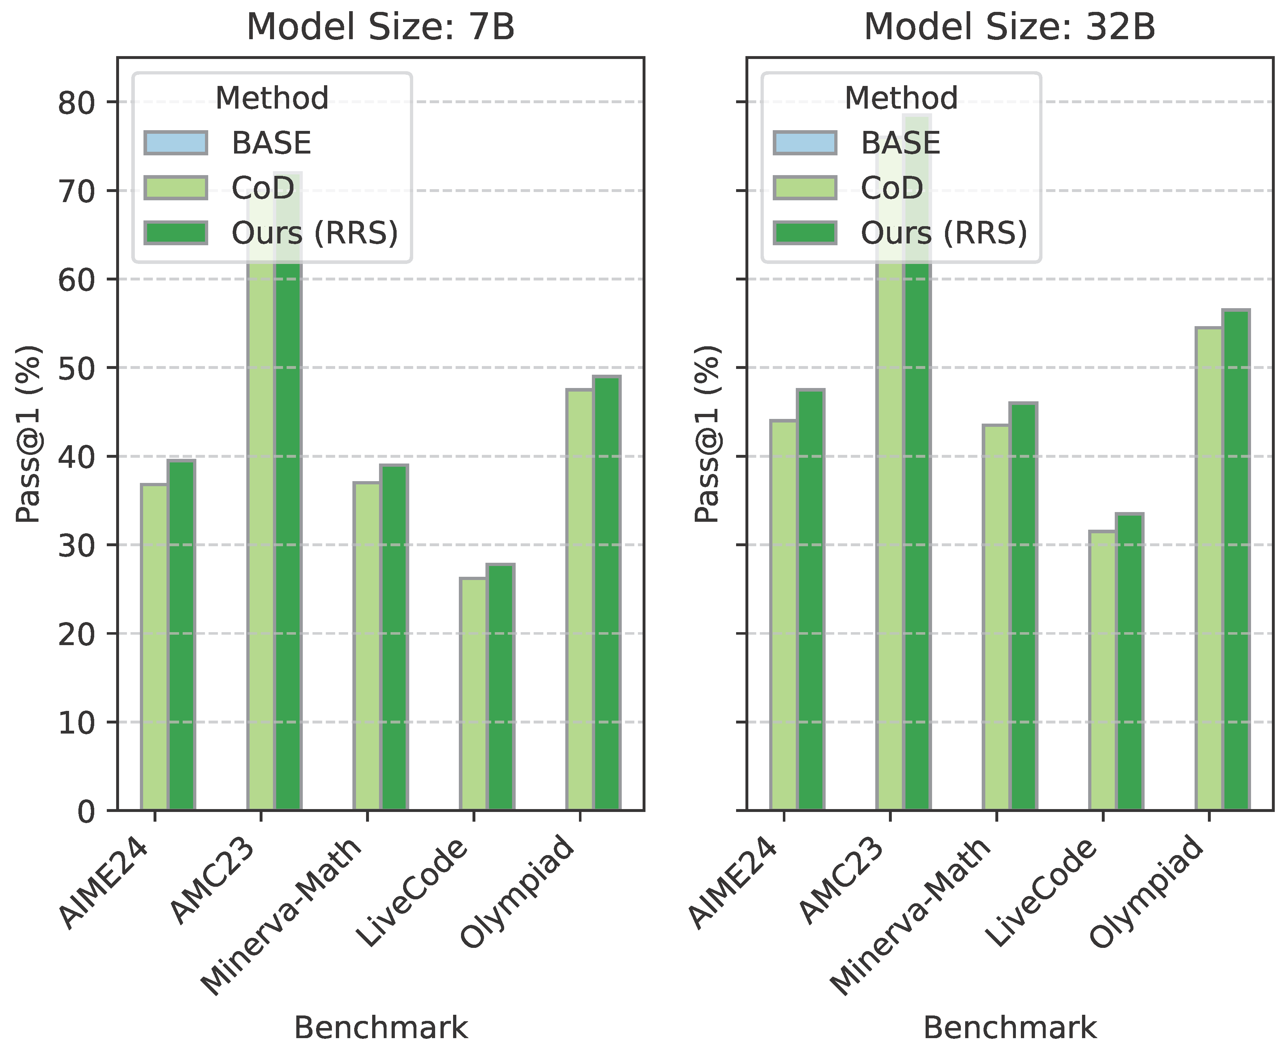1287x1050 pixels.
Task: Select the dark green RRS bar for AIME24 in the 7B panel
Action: pyautogui.click(x=182, y=635)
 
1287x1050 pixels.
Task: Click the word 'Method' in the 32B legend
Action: pyautogui.click(x=901, y=98)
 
